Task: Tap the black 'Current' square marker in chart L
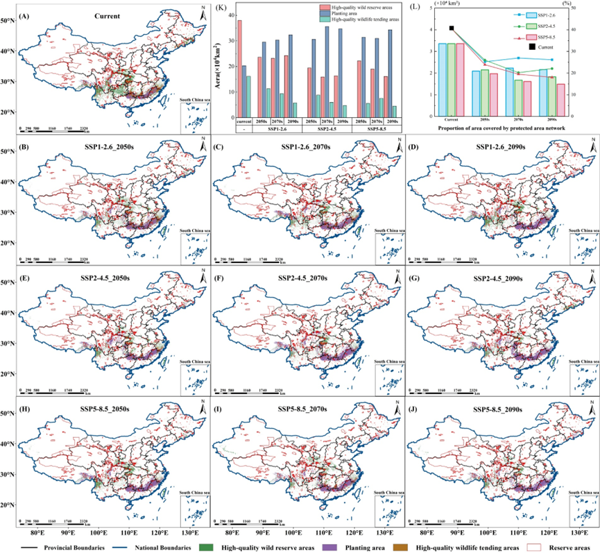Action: tap(452, 28)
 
